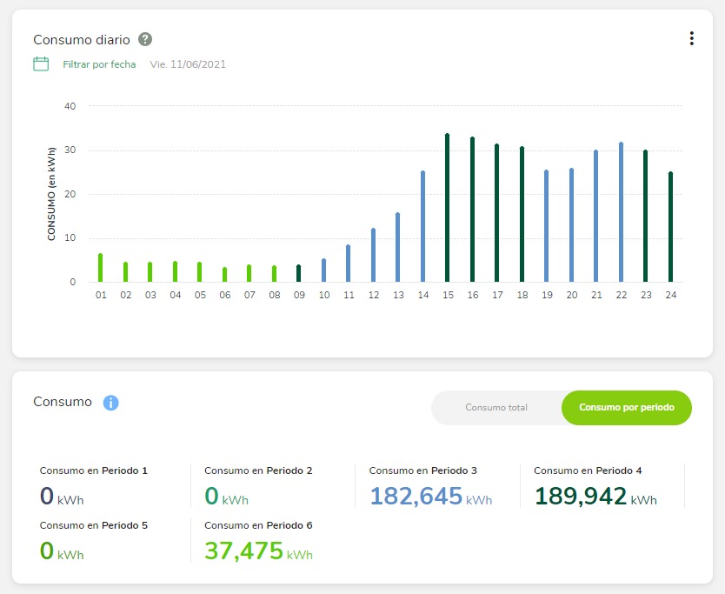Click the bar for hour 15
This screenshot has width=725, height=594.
pyautogui.click(x=447, y=209)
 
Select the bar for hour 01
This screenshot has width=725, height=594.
pyautogui.click(x=101, y=268)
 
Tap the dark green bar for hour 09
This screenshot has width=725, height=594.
pyautogui.click(x=298, y=274)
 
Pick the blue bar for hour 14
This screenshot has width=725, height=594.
pyautogui.click(x=422, y=227)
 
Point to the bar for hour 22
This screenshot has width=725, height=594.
pyautogui.click(x=621, y=213)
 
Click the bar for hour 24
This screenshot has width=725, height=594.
pyautogui.click(x=670, y=228)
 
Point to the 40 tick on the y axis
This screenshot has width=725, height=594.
pyautogui.click(x=70, y=106)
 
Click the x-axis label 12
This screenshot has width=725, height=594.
pyautogui.click(x=373, y=296)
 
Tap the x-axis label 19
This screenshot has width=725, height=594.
pyautogui.click(x=546, y=296)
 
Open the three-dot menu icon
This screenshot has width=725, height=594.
pyautogui.click(x=691, y=38)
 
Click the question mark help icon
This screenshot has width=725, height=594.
pyautogui.click(x=145, y=39)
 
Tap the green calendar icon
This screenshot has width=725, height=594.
pyautogui.click(x=41, y=63)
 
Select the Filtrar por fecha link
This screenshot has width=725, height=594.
pyautogui.click(x=99, y=64)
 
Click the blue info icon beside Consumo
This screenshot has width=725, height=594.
pyautogui.click(x=110, y=403)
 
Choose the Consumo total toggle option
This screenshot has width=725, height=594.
pyautogui.click(x=496, y=407)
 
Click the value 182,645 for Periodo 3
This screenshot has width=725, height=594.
pyautogui.click(x=416, y=496)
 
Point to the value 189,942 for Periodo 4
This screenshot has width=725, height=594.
pyautogui.click(x=580, y=496)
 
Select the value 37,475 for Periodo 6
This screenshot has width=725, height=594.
pyautogui.click(x=243, y=551)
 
